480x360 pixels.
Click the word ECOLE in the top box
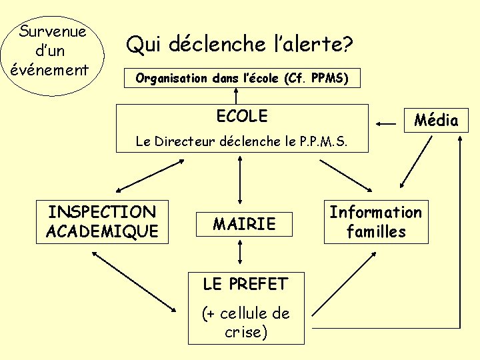pos(242,116)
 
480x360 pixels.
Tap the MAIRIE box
pos(244,224)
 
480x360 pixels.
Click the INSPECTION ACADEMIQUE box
pos(102,222)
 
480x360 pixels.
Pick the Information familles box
pos(376,222)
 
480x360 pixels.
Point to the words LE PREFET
pos(245,284)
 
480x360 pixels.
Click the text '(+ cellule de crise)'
pos(245,322)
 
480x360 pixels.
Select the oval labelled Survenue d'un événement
pos(54,50)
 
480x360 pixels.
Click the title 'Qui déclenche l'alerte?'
pos(239,45)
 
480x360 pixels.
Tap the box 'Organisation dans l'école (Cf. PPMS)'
pos(242,78)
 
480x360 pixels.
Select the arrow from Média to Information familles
pos(415,162)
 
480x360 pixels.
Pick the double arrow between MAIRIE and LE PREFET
pos(240,254)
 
